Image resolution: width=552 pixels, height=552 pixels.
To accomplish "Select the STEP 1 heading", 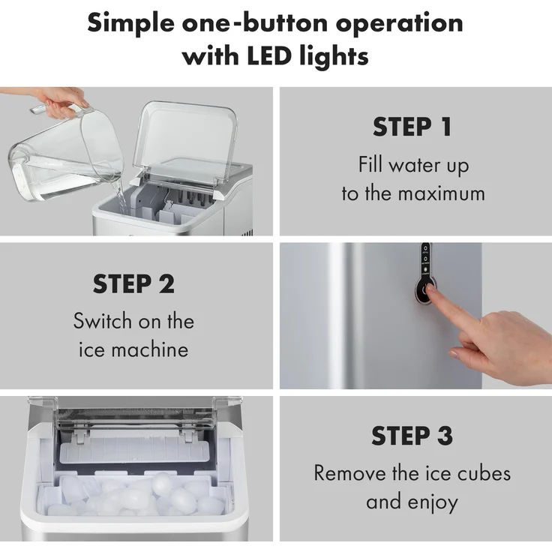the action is [412, 127].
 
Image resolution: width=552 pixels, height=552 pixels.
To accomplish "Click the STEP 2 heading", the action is [133, 283].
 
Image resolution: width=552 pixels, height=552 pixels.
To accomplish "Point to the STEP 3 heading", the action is [412, 436].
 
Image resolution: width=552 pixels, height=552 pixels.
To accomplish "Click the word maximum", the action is [442, 193].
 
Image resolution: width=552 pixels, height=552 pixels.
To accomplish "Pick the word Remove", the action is [349, 472].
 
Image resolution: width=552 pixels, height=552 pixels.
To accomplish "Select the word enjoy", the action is [433, 502].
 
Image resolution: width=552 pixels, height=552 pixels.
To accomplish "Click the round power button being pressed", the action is [425, 290].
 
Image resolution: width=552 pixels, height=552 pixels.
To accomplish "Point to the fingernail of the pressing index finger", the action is [431, 287].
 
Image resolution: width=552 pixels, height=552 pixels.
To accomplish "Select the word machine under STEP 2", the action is [150, 350].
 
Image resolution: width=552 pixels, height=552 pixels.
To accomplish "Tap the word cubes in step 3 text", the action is [484, 472].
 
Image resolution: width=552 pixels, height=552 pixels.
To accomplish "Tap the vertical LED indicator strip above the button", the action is [425, 259].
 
